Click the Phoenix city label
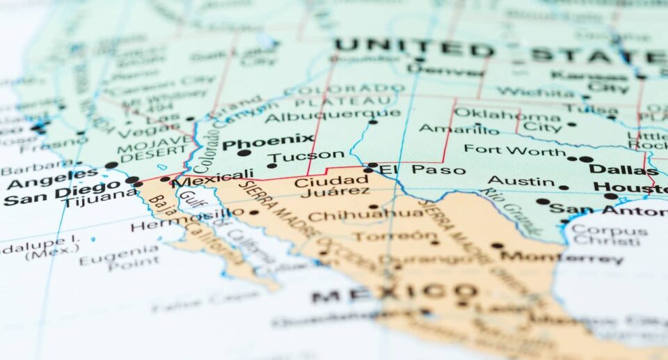[x=268, y=139]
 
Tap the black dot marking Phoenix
[x=244, y=152]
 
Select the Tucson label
[x=306, y=155]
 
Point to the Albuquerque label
[x=333, y=116]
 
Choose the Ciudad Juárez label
[x=322, y=186]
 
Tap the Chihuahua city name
[x=366, y=215]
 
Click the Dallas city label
[x=623, y=169]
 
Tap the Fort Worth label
[x=515, y=150]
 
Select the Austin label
[x=521, y=182]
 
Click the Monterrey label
[x=562, y=257]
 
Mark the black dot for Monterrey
[x=497, y=245]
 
